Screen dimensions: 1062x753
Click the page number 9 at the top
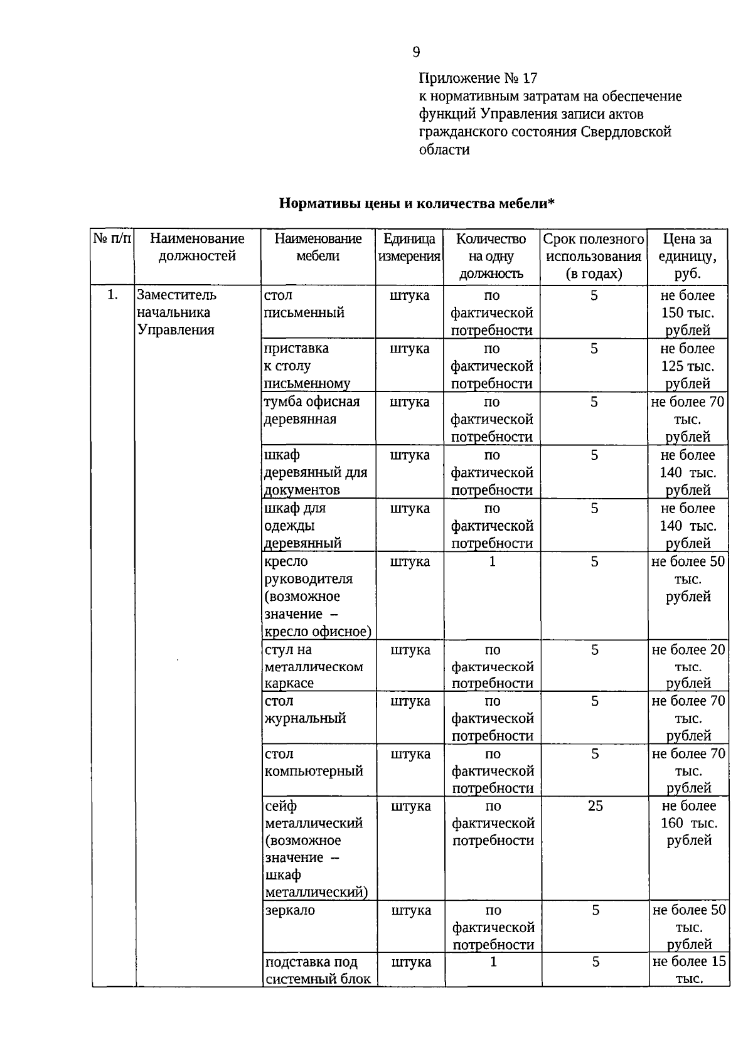(417, 52)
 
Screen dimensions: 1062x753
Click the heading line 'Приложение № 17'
(478, 78)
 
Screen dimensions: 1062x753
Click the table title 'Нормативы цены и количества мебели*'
(417, 204)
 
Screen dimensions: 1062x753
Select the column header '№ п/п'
(112, 239)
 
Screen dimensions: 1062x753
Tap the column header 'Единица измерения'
(409, 248)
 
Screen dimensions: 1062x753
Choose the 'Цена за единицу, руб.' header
(688, 256)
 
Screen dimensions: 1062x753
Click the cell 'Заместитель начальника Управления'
(176, 312)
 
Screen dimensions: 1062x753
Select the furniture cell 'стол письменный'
(304, 304)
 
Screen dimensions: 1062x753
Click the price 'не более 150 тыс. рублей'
(688, 312)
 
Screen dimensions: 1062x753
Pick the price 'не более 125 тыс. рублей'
(688, 366)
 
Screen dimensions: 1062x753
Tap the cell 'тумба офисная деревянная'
(312, 410)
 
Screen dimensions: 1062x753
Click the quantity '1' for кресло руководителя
(492, 562)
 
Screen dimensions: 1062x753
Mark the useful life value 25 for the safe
(595, 806)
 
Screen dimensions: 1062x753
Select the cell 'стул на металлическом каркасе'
(314, 666)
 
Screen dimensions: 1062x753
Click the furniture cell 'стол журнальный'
(305, 710)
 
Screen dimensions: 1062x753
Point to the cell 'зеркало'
(290, 910)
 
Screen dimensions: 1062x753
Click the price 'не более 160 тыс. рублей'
(689, 823)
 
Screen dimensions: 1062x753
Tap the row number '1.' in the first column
(112, 295)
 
